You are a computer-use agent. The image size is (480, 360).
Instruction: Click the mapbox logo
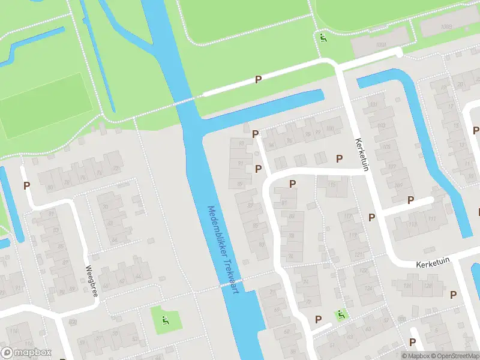pyautogui.click(x=26, y=353)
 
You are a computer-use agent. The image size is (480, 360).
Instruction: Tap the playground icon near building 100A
pyautogui.click(x=323, y=38)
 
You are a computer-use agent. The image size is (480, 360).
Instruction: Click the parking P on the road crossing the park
pyautogui.click(x=258, y=79)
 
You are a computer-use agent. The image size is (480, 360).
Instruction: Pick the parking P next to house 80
pyautogui.click(x=26, y=186)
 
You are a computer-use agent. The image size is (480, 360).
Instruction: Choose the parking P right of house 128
pyautogui.click(x=453, y=294)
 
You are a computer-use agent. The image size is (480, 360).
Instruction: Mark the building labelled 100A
pyautogui.click(x=378, y=46)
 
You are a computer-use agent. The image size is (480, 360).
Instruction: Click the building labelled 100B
pyautogui.click(x=444, y=26)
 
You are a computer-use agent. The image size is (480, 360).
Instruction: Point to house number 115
pyautogui.click(x=331, y=184)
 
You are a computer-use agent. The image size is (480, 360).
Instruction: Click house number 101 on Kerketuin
pyautogui.click(x=374, y=105)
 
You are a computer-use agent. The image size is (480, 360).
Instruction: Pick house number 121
pyautogui.click(x=359, y=254)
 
